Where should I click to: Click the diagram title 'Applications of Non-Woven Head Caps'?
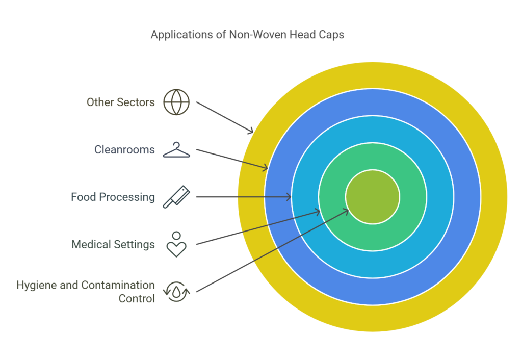coord(247,35)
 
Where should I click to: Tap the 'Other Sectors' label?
coord(120,102)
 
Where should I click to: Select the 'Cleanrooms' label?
coord(124,150)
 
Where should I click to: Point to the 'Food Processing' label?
coord(113,197)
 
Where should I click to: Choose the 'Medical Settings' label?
coord(113,244)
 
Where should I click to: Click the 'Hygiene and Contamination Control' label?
coord(86,292)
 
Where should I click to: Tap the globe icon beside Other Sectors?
coord(176,102)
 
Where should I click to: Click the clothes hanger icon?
coord(176,150)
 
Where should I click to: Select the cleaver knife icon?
coord(176,197)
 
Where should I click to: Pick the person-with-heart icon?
coord(176,244)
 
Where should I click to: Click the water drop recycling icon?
coord(176,292)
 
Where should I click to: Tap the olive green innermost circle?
coord(373,197)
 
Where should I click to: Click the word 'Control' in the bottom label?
coord(137,299)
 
